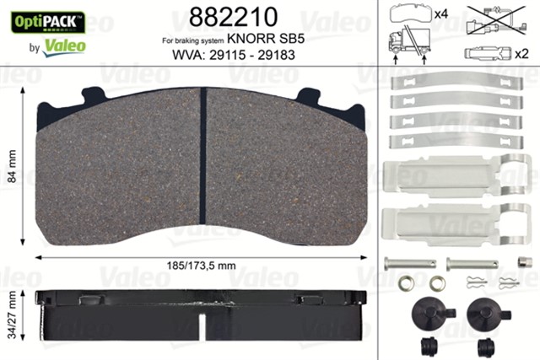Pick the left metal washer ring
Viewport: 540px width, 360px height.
pos(406,284)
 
